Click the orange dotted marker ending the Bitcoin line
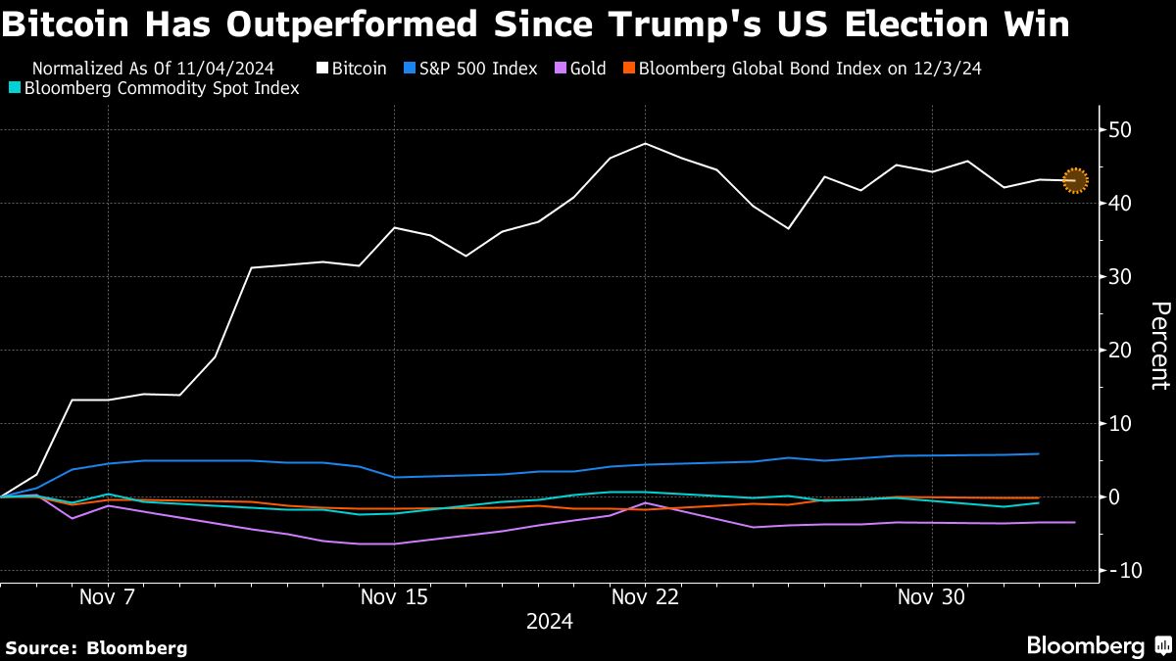(x=1075, y=180)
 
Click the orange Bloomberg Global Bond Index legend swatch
(x=630, y=69)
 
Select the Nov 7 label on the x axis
(x=108, y=596)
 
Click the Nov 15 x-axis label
(x=394, y=596)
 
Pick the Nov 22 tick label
(x=645, y=596)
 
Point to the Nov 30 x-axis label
(x=931, y=596)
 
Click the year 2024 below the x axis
(x=550, y=622)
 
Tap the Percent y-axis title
(x=1159, y=346)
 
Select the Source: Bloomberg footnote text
(x=96, y=647)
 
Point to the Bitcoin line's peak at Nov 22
(x=645, y=144)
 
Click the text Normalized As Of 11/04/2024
(x=153, y=69)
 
